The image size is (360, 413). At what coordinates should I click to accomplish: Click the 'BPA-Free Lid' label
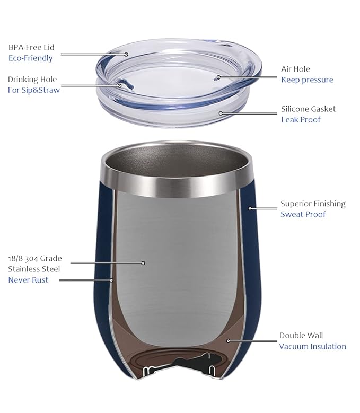(31, 47)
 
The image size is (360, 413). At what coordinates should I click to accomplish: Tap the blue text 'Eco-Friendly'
(30, 58)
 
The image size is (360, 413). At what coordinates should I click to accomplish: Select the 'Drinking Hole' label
(32, 80)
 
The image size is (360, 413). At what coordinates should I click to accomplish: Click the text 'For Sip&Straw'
(34, 90)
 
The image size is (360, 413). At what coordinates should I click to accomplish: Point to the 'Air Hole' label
(295, 69)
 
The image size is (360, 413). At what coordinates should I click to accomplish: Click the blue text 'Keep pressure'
(307, 80)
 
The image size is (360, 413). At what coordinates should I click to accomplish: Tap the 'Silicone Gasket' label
(308, 109)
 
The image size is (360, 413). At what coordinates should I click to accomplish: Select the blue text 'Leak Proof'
(301, 120)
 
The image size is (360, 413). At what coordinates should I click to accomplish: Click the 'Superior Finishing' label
(313, 204)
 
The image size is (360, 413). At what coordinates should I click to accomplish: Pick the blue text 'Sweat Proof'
(303, 215)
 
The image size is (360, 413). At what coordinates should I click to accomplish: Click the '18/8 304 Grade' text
(34, 259)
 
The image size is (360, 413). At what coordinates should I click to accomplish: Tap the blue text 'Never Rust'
(28, 280)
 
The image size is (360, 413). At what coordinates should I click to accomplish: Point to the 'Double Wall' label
(301, 336)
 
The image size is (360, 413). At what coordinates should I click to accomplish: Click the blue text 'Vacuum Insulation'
(312, 347)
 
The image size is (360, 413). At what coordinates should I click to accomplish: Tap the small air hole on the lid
(216, 77)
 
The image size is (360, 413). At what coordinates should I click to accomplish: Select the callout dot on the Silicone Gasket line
(221, 113)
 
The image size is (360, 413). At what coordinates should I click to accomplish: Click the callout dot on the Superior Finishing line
(249, 208)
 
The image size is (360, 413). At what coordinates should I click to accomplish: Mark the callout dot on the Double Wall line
(227, 340)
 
